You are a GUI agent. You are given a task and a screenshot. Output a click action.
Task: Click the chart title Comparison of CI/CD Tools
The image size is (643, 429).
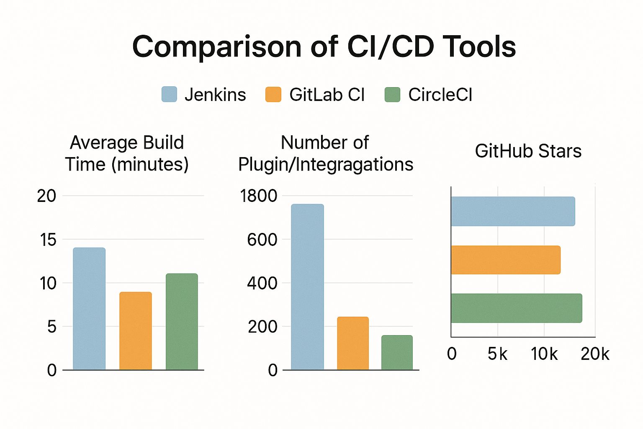(x=324, y=47)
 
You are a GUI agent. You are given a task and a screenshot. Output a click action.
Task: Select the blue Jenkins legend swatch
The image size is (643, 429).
(x=169, y=94)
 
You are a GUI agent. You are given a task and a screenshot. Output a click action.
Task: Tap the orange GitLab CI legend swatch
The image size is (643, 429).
(x=273, y=94)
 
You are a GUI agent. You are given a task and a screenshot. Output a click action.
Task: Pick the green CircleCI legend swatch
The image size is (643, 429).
(x=392, y=94)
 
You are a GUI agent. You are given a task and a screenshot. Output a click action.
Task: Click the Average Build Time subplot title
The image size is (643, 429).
(x=126, y=153)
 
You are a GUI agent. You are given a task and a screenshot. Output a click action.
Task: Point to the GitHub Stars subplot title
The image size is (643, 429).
(x=528, y=151)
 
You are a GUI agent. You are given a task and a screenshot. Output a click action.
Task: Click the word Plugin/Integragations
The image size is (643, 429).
(x=326, y=165)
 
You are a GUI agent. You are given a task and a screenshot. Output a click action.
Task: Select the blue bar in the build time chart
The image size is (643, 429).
(x=89, y=309)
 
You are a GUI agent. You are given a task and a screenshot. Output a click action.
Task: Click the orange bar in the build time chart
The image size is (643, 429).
(x=136, y=331)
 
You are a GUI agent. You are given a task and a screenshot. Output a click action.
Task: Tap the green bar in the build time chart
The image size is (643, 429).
(x=182, y=321)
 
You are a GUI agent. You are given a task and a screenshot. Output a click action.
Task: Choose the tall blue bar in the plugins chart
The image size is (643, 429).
(x=307, y=287)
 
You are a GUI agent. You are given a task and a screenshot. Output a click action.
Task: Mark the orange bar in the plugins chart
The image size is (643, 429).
(x=353, y=343)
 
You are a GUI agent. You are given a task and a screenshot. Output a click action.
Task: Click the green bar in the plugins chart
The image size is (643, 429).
(x=397, y=352)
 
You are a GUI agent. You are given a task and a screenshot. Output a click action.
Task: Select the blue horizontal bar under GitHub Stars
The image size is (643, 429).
(x=513, y=211)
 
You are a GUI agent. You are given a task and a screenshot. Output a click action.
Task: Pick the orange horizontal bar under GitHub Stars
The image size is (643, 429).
(x=506, y=260)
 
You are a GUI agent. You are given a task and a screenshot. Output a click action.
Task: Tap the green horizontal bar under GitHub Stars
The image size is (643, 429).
(x=516, y=308)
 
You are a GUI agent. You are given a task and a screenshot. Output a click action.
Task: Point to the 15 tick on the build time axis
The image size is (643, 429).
(x=48, y=240)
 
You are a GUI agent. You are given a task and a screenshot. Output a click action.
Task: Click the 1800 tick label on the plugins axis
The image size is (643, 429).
(x=258, y=196)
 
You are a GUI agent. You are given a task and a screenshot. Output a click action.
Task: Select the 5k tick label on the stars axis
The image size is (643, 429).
(x=497, y=354)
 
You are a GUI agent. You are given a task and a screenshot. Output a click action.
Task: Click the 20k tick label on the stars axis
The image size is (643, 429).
(x=595, y=354)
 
